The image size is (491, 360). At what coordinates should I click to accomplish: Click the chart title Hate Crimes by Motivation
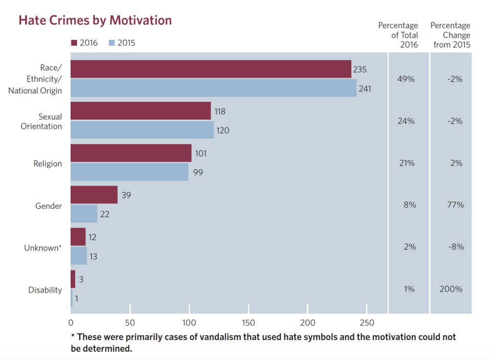(x=95, y=20)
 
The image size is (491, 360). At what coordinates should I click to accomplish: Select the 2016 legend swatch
(x=74, y=43)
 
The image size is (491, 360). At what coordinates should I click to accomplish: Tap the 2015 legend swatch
(x=112, y=43)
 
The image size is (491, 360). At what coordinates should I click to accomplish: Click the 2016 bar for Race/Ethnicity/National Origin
(x=211, y=69)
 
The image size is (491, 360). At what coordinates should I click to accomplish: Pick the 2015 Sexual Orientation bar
(x=142, y=130)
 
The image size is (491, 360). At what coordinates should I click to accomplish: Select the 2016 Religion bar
(x=131, y=153)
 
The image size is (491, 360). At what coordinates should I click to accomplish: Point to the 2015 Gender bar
(x=84, y=214)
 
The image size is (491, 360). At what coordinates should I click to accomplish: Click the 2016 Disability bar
(x=73, y=279)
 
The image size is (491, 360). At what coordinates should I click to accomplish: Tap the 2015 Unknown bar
(x=79, y=256)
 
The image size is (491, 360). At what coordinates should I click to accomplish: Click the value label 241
(x=365, y=88)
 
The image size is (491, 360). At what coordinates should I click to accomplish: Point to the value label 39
(x=126, y=195)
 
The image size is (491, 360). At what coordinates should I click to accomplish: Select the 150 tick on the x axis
(x=249, y=323)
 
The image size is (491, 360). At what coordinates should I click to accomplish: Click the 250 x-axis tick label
(x=367, y=323)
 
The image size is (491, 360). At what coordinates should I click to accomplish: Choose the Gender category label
(x=49, y=206)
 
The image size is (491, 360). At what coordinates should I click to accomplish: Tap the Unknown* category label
(x=43, y=248)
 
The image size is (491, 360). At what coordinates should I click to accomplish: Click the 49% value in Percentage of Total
(x=406, y=79)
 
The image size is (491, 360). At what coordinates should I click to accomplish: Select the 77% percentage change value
(x=455, y=205)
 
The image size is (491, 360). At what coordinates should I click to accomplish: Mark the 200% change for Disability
(x=451, y=289)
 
